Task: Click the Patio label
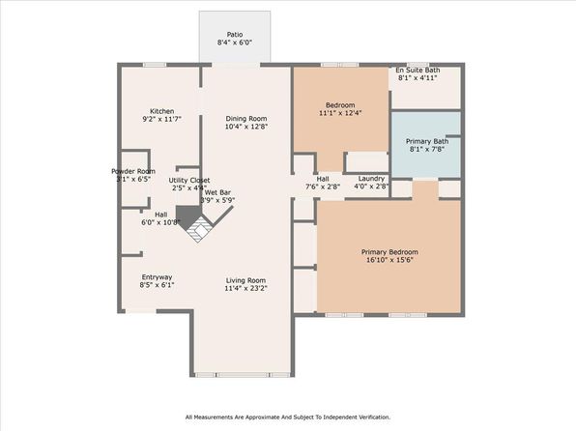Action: click(235, 35)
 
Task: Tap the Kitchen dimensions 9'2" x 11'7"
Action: click(162, 119)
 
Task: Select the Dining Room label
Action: click(246, 119)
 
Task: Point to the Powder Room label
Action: click(133, 171)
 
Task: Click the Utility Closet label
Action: click(189, 181)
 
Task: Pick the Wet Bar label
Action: click(217, 192)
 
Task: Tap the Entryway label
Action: click(157, 277)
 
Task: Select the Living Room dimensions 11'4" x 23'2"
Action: click(245, 288)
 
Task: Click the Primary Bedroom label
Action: click(389, 252)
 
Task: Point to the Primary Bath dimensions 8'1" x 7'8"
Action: click(427, 149)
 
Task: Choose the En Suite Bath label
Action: click(418, 70)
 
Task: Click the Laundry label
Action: click(371, 179)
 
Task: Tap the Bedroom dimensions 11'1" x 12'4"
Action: click(340, 113)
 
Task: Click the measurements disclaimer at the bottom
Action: click(288, 417)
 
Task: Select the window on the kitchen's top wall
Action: click(155, 65)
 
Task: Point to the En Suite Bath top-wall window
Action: click(418, 65)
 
